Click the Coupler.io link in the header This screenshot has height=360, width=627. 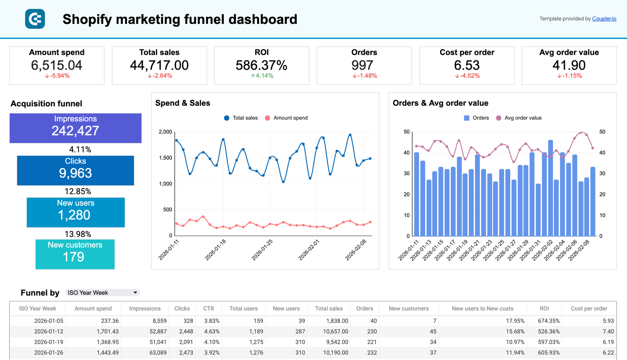click(604, 19)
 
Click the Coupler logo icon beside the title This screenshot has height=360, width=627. click(35, 19)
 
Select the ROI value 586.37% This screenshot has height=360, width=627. click(261, 65)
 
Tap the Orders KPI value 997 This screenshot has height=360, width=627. click(362, 65)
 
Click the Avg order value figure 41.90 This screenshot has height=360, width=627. click(569, 65)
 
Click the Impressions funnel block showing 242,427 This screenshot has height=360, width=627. click(76, 128)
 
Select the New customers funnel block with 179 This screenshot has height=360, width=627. click(75, 254)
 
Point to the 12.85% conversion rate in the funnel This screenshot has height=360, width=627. click(78, 191)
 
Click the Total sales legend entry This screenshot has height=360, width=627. click(241, 118)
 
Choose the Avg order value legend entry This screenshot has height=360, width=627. click(519, 118)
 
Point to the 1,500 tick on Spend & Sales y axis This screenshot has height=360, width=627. click(165, 158)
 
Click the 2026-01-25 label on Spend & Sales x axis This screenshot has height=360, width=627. click(262, 250)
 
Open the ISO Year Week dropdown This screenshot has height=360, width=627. click(102, 293)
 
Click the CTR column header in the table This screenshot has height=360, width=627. click(208, 309)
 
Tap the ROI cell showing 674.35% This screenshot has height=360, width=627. click(549, 321)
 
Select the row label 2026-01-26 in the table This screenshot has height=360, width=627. click(49, 353)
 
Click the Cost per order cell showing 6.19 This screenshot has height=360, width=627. click(608, 342)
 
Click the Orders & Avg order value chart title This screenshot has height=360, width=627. click(440, 103)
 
